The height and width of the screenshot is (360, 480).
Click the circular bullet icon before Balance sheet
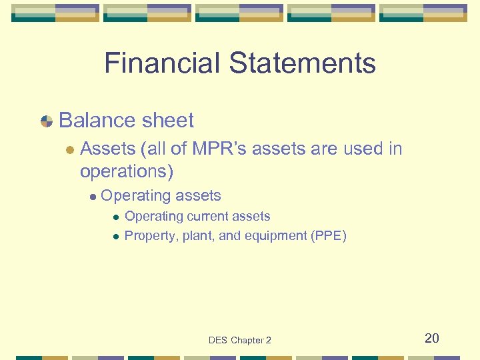tap(47, 121)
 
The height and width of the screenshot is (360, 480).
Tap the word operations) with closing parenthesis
tap(127, 171)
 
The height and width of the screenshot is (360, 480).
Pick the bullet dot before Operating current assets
tap(115, 217)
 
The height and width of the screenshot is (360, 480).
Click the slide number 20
tap(432, 338)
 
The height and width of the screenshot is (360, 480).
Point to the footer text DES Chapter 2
tap(240, 340)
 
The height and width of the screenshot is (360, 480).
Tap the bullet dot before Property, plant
tap(115, 236)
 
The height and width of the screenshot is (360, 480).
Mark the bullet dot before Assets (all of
tap(70, 149)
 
